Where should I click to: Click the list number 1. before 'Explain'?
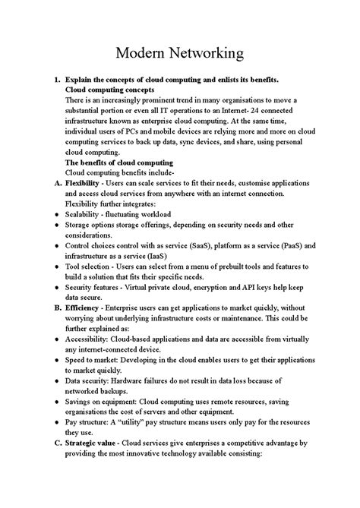click(55, 79)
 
